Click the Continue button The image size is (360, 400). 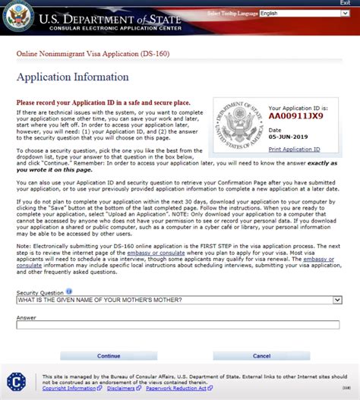coord(109,355)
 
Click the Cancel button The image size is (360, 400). coord(261,355)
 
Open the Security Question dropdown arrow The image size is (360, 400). coord(337,300)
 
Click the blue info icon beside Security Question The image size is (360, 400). coord(69,291)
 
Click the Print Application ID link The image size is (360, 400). coord(295,150)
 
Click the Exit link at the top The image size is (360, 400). coord(345,3)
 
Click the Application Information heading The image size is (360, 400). coord(73,77)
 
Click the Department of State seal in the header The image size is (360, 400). coord(17,17)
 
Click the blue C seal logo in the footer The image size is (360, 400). coord(16,382)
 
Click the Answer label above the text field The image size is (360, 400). coord(26,317)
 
